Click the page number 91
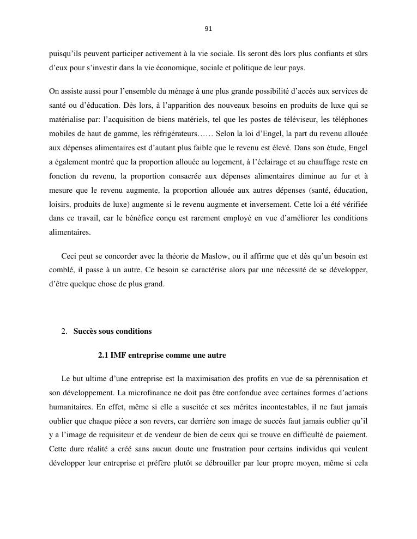208,29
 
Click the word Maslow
217,256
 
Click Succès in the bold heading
86,331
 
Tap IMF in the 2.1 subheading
117,355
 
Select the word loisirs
59,204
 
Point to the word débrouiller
240,464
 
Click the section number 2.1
103,355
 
